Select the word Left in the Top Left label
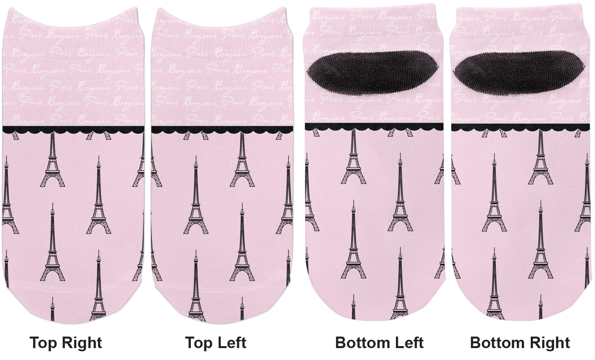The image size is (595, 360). [231, 343]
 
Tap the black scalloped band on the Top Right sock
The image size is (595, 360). [73, 129]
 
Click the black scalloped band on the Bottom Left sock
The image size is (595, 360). [374, 127]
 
